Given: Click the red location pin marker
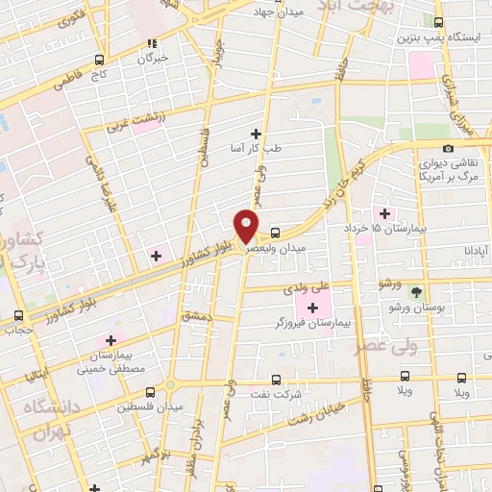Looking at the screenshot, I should tap(246, 226).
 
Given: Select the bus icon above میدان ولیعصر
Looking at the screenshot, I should tap(276, 233).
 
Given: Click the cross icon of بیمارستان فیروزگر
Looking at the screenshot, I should tap(312, 307).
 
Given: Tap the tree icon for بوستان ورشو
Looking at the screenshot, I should tap(416, 290).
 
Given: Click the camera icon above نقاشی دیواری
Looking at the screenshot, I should tap(449, 149).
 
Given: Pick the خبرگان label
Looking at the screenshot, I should tap(151, 58).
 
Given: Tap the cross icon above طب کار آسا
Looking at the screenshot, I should tap(256, 133).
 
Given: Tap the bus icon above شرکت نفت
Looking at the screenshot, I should tap(276, 380).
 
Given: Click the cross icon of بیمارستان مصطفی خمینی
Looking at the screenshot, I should tap(111, 340).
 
